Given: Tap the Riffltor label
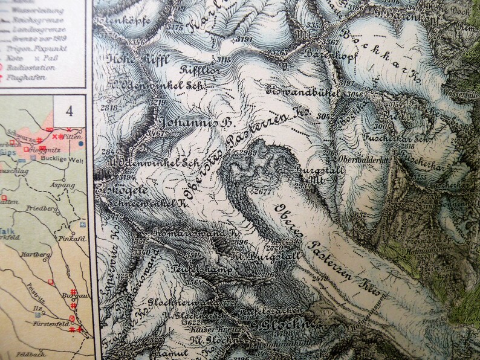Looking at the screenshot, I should pyautogui.click(x=195, y=69).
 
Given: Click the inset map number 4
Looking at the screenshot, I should pyautogui.click(x=69, y=111).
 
